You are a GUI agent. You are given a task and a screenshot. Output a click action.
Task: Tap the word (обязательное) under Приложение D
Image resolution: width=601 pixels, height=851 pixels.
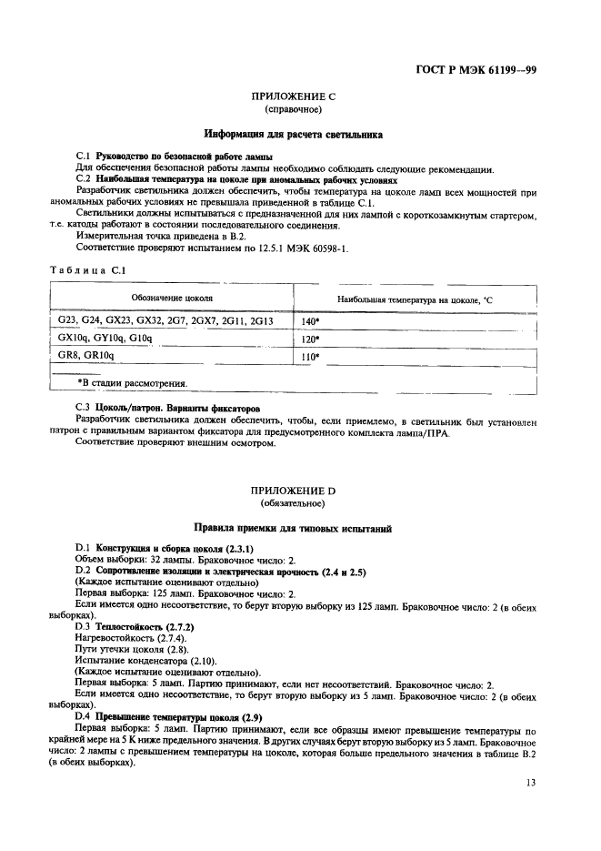(x=292, y=502)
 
